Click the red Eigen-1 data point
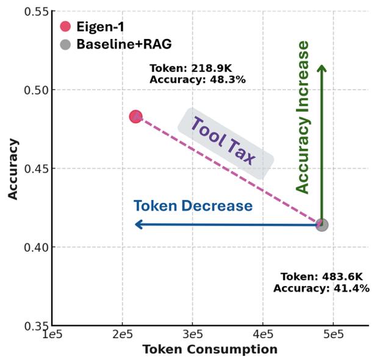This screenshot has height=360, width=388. tap(135, 117)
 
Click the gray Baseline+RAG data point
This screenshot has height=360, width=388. tap(322, 225)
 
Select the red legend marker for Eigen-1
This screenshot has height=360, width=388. tap(66, 26)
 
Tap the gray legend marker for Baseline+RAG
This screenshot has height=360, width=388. tap(66, 45)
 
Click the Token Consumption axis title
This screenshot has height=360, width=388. tap(210, 350)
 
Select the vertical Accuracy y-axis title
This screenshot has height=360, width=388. tap(13, 168)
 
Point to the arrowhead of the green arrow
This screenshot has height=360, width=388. tap(322, 67)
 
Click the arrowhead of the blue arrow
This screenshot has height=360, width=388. tap(138, 225)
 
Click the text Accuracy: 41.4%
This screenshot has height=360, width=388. tap(321, 288)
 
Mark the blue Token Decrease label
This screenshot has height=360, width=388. tap(193, 206)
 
